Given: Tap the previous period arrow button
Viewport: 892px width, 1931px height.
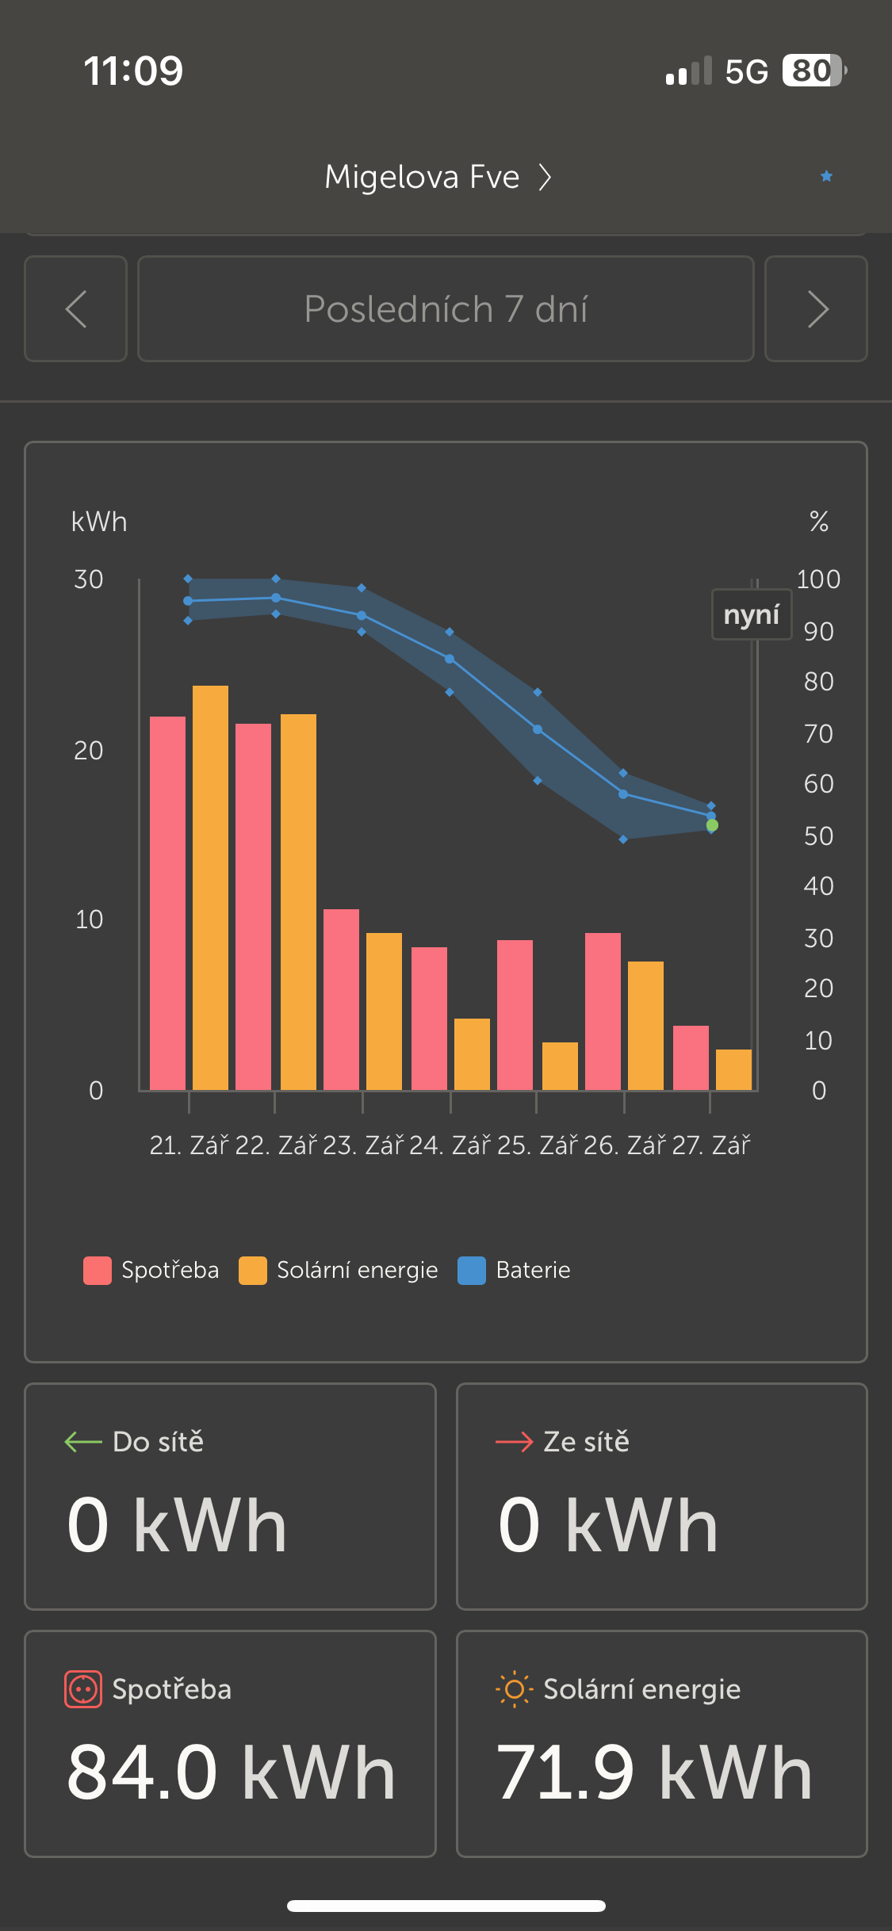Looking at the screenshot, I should click(x=76, y=309).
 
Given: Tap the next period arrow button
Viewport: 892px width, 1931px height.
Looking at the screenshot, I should click(x=816, y=309).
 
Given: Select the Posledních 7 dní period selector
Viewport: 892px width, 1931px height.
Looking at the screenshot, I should click(x=446, y=309).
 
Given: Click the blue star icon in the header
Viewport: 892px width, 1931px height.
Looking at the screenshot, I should click(x=826, y=176).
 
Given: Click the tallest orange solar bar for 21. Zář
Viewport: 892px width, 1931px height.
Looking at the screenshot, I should click(x=210, y=888).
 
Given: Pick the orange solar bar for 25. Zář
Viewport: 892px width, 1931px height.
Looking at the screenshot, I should click(x=560, y=1066).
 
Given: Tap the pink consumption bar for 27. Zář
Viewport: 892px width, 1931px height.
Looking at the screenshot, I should click(x=691, y=1057).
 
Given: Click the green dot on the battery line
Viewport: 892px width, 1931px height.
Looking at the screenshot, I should click(x=712, y=826).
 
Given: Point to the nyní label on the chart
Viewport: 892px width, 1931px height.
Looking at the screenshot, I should click(x=752, y=614).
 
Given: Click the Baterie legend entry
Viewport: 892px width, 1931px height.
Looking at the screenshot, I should click(x=515, y=1270).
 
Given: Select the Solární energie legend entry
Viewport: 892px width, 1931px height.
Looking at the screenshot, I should click(x=339, y=1270).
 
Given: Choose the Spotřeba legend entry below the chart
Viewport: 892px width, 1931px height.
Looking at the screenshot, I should click(x=151, y=1270).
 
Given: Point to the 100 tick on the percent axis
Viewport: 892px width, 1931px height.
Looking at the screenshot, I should click(x=818, y=579).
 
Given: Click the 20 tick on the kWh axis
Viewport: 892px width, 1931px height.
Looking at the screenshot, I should click(x=89, y=751).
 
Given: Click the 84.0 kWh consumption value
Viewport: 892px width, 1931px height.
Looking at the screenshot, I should click(x=231, y=1772).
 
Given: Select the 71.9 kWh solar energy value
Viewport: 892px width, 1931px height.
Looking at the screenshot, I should click(x=654, y=1772).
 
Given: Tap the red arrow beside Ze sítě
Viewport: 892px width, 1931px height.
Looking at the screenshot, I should click(x=514, y=1442).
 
